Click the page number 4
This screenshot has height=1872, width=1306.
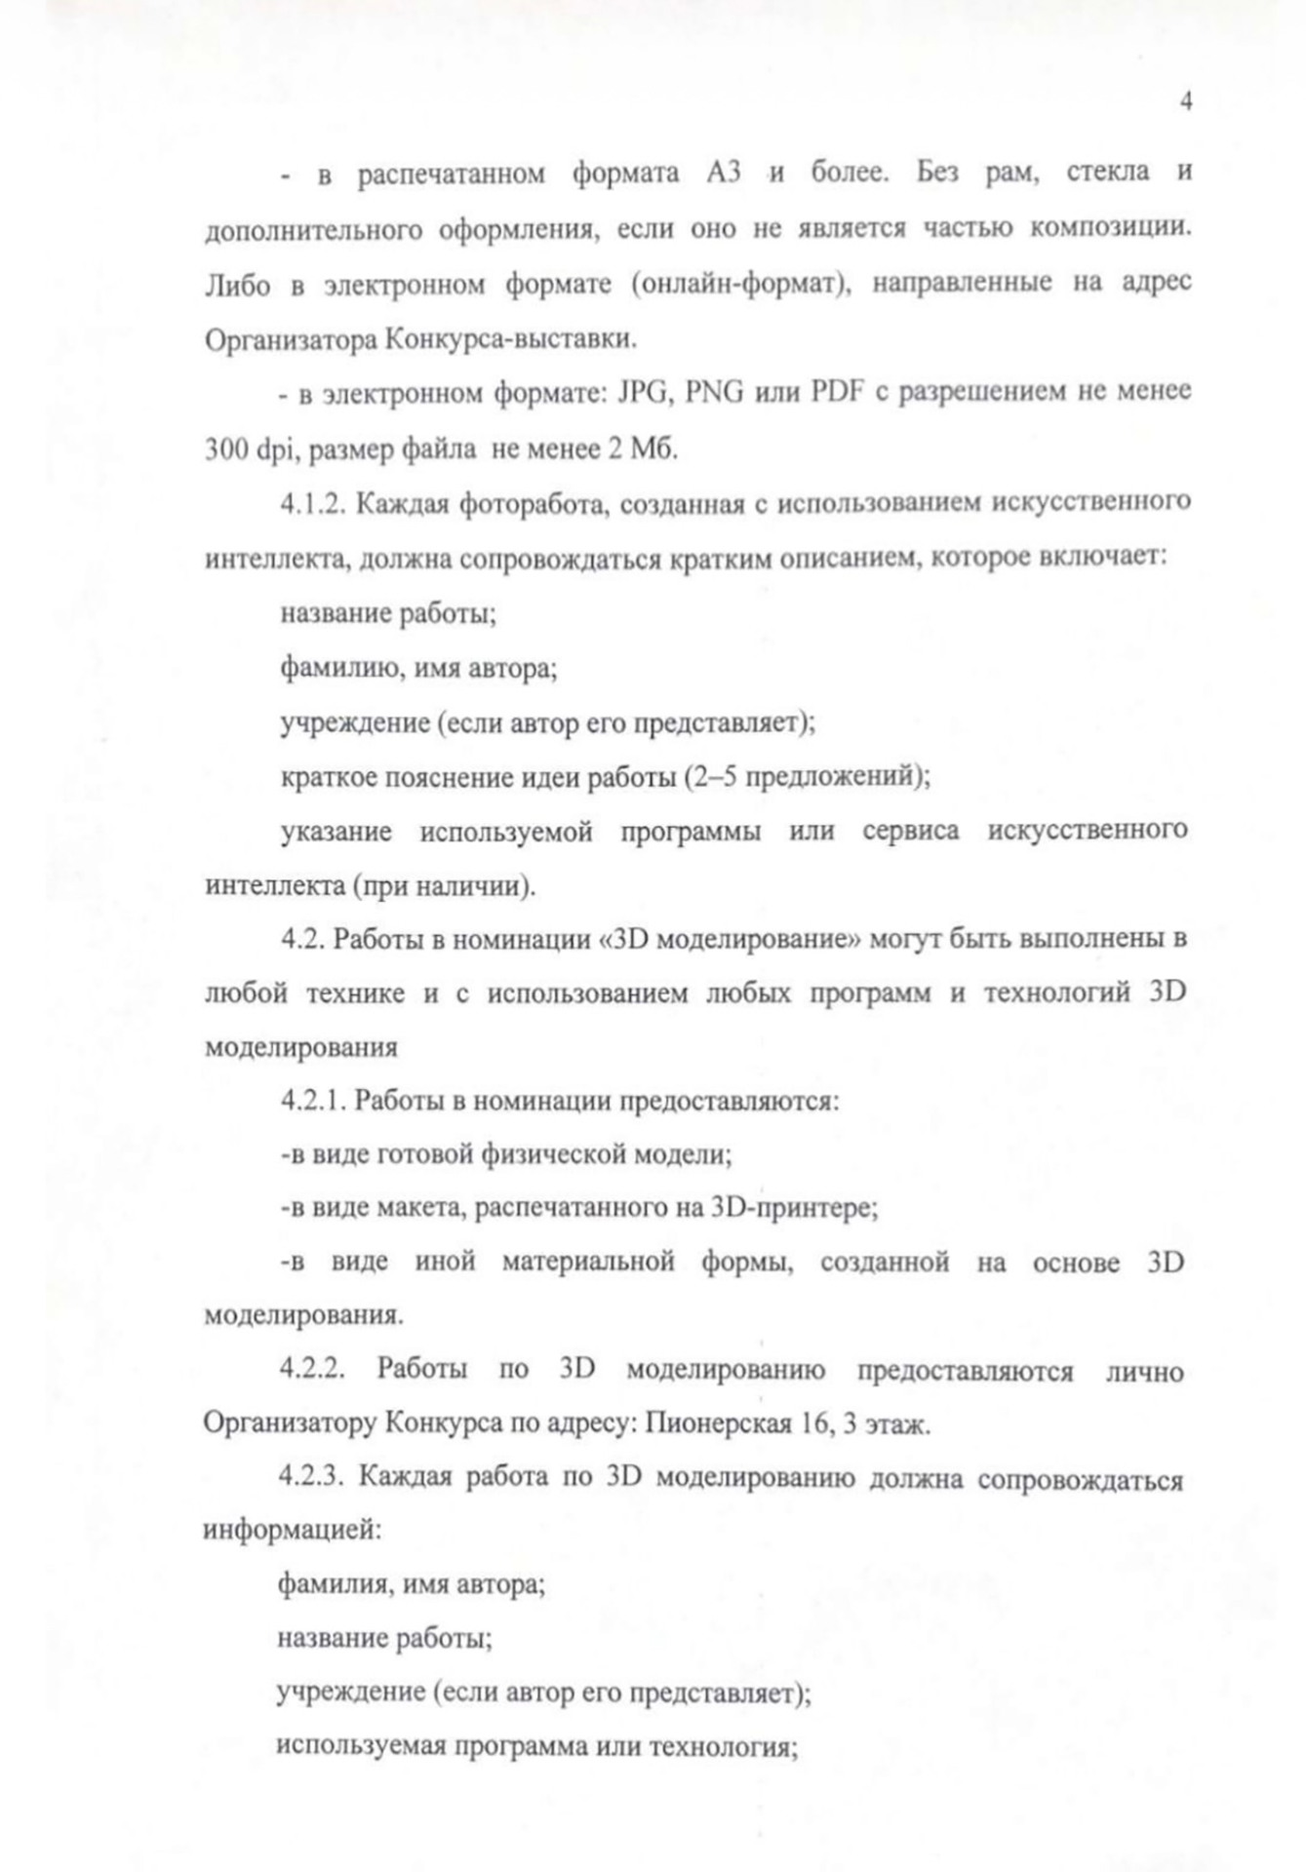point(1185,101)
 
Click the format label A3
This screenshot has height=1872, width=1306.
point(723,173)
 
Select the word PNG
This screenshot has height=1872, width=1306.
point(714,393)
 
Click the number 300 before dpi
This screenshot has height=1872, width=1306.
point(225,449)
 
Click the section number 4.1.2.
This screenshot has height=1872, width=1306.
point(311,503)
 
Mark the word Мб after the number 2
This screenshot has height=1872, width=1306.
point(653,449)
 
